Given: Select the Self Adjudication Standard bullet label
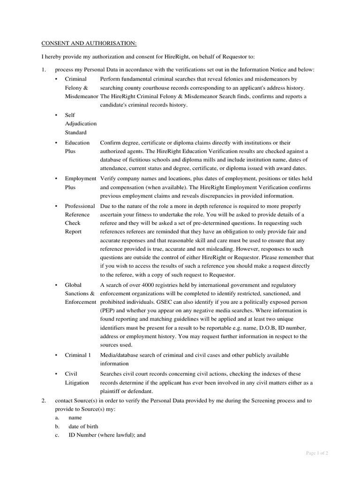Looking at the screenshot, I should [80, 124].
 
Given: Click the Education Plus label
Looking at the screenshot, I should [77, 147].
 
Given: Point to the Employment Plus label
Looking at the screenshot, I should [80, 183].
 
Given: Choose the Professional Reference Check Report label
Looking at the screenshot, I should [79, 219].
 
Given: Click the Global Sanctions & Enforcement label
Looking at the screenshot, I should [80, 293].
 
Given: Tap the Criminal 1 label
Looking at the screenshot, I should [77, 355].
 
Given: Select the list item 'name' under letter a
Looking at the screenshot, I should [75, 417].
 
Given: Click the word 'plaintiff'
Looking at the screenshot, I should [112, 391].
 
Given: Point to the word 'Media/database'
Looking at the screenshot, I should [121, 355].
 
